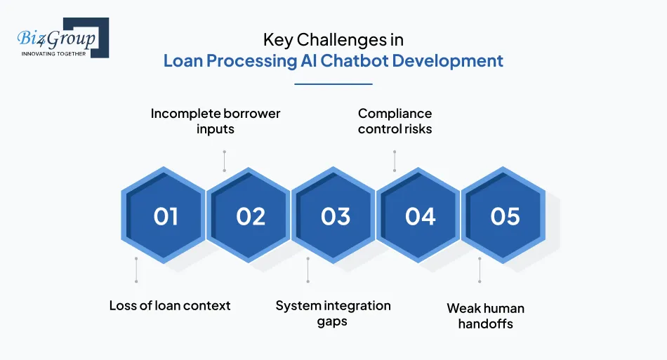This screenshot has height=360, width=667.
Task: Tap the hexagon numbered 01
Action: pos(165,216)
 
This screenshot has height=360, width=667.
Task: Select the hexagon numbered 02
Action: pos(250,216)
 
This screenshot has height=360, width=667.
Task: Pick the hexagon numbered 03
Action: pos(335,216)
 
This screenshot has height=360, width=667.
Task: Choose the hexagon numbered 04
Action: pos(420,216)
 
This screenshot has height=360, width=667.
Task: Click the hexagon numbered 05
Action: pos(505,216)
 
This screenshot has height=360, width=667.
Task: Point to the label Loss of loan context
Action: pos(170,305)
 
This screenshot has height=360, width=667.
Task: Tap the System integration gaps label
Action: pos(333,313)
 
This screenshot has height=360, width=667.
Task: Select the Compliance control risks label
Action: pos(395,121)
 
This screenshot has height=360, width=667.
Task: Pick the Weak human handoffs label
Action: pos(485,316)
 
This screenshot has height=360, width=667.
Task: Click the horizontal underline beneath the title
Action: pos(333,84)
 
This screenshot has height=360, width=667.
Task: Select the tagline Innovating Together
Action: pos(54,53)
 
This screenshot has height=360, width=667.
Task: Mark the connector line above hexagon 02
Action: pos(224,161)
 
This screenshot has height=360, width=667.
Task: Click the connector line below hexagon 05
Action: pos(480,270)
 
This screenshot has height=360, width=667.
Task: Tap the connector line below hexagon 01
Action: pos(136,270)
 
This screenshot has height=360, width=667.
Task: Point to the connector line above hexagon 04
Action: pos(395,161)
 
